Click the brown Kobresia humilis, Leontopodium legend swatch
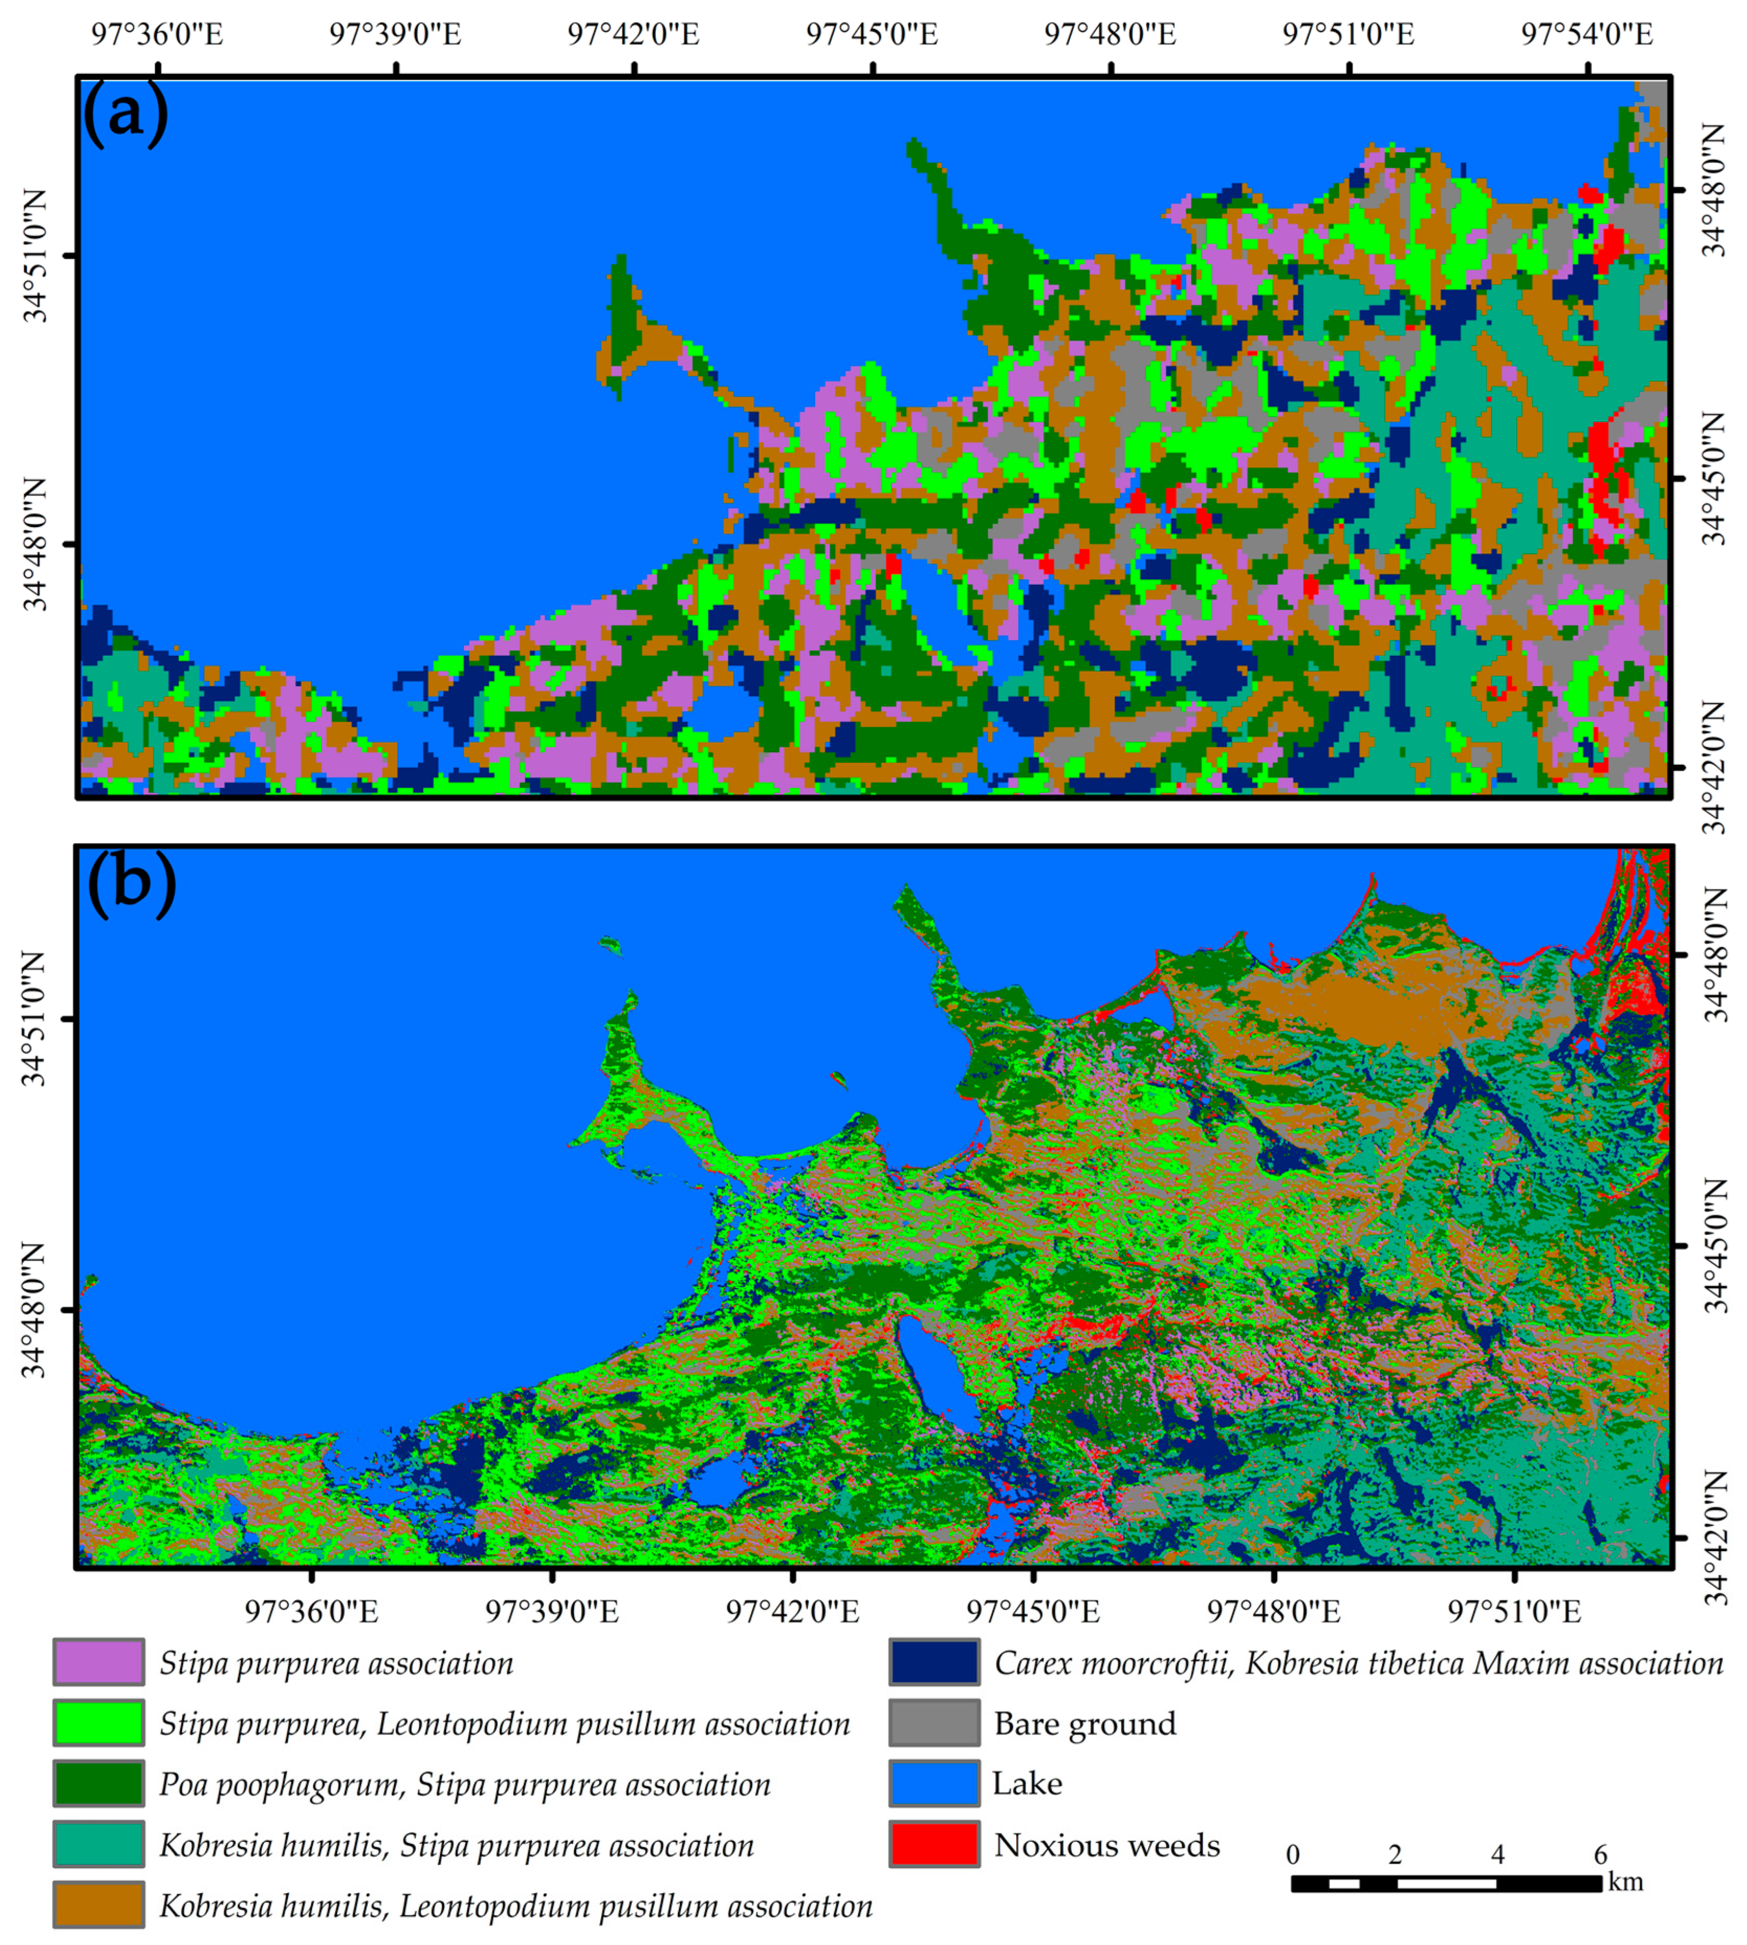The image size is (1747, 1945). click(x=99, y=1905)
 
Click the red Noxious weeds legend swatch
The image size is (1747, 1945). click(x=934, y=1844)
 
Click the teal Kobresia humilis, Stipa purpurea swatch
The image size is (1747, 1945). click(x=99, y=1844)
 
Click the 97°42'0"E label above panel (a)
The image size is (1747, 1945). click(x=633, y=35)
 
